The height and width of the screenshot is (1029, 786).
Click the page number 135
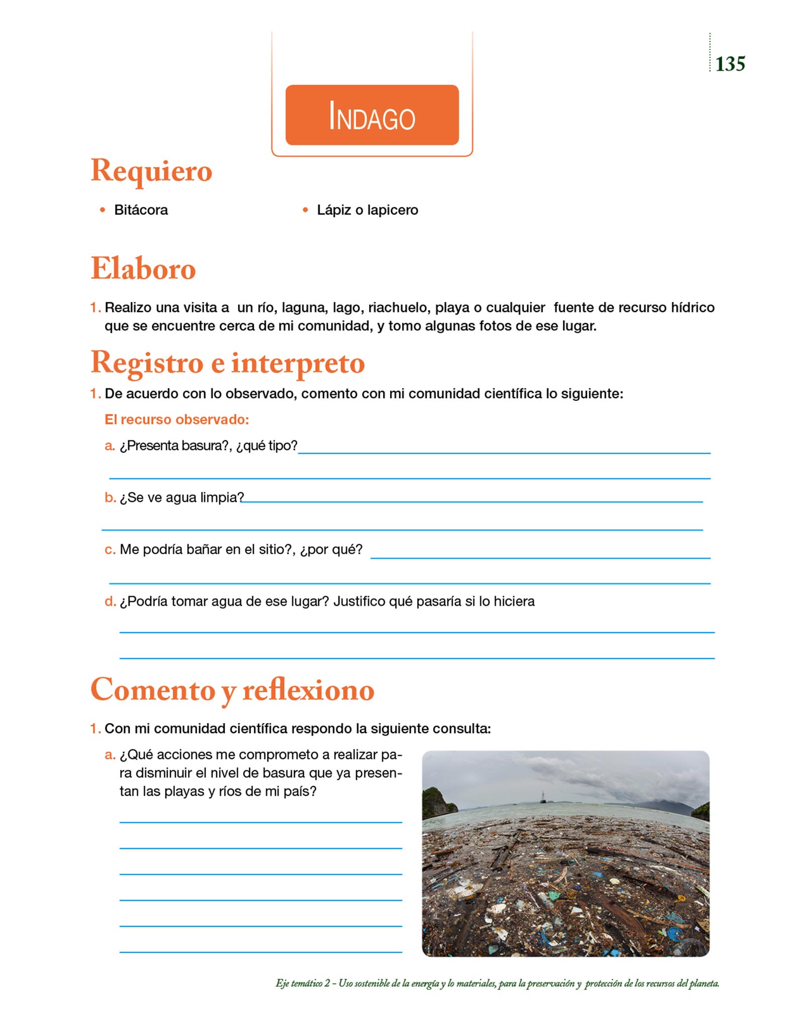click(730, 64)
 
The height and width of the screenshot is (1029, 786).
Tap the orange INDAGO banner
click(372, 115)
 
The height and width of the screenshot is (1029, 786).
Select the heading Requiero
click(151, 171)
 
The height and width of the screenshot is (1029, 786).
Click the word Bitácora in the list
click(141, 210)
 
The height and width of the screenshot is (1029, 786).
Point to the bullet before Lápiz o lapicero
click(305, 210)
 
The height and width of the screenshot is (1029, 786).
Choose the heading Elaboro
click(143, 268)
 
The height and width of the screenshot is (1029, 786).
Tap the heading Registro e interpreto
click(228, 363)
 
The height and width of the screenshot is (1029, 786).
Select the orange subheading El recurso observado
click(176, 420)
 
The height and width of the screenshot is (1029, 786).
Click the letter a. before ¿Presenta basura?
click(110, 446)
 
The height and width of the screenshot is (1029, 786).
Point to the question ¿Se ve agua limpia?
click(181, 497)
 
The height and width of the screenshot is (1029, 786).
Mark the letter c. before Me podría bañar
click(110, 550)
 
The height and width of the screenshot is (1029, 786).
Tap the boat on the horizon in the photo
click(543, 796)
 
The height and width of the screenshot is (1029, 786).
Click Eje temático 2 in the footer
click(303, 983)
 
